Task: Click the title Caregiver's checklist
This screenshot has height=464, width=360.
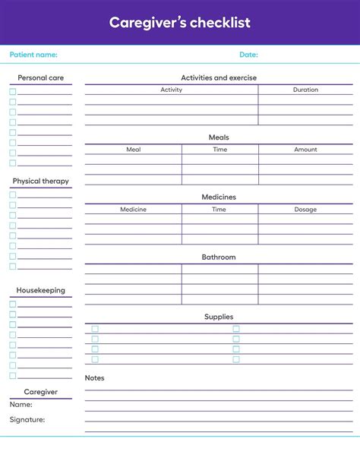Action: [x=179, y=23]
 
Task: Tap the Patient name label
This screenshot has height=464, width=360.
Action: [x=33, y=55]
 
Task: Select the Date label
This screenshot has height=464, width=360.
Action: [x=248, y=55]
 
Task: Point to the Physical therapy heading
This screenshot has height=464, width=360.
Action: [x=40, y=181]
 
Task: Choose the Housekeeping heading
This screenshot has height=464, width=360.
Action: [x=40, y=290]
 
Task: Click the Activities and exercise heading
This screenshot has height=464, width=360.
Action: [x=219, y=77]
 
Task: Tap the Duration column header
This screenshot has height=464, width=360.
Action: [x=305, y=90]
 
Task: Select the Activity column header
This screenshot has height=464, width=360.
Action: [x=171, y=90]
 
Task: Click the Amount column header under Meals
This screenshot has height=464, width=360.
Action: [x=305, y=150]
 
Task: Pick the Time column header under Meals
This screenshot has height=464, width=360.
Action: [x=219, y=150]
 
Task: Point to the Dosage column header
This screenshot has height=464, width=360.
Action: [x=305, y=210]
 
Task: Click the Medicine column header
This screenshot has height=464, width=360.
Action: [x=133, y=210]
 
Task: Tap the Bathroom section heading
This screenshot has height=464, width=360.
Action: [x=219, y=257]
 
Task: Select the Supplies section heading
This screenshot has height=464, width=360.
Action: [x=219, y=317]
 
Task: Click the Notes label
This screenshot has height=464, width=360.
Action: [x=95, y=377]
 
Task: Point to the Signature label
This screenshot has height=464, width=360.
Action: [x=27, y=419]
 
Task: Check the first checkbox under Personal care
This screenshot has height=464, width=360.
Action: [x=12, y=92]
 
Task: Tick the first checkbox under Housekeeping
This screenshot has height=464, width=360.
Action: [x=12, y=304]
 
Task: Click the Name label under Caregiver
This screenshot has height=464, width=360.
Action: [x=21, y=406]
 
